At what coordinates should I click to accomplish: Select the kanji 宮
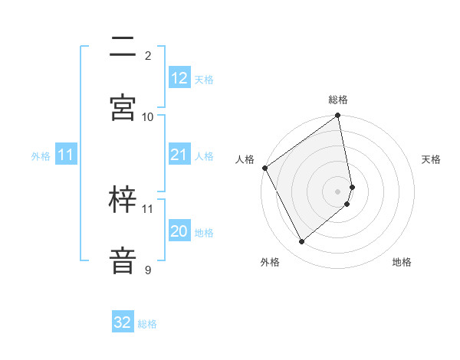coord(123,108)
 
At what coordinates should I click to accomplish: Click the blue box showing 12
coord(179,78)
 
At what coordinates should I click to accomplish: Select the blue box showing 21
coord(179,155)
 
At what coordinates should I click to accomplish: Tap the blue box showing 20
coord(179,232)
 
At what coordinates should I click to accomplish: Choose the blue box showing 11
coord(66,155)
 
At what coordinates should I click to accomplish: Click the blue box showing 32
coord(123,322)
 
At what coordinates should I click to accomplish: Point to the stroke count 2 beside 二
coord(148,55)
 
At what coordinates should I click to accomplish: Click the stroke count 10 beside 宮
coord(148,116)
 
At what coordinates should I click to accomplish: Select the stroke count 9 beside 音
coord(148,270)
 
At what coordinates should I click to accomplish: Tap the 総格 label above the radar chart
coord(338,100)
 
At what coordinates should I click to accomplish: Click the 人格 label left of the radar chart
coord(245,159)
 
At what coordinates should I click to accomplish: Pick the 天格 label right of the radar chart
coord(432,159)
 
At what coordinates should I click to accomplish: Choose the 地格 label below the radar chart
coord(402,262)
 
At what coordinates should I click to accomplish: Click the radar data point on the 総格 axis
coord(338,116)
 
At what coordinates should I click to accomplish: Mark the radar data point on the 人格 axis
coord(264,168)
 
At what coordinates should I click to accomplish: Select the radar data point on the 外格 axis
coord(301,242)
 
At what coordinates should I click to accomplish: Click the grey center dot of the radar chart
coord(338,191)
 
